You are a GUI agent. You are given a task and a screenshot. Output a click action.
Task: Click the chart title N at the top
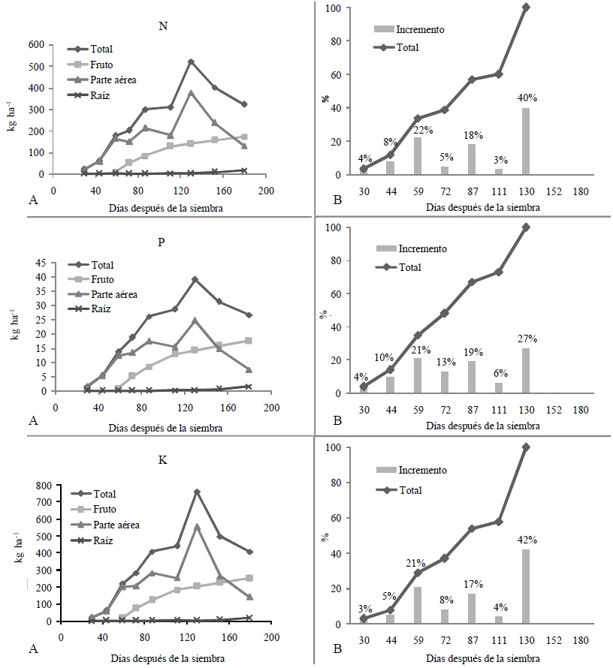click(162, 26)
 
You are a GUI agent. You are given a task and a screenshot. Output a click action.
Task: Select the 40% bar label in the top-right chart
click(525, 98)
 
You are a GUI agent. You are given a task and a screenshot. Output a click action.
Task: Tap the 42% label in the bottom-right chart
click(525, 540)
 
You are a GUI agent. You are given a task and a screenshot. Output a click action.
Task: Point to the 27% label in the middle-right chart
click(525, 339)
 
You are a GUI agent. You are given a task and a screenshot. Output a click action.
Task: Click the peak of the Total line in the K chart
click(197, 492)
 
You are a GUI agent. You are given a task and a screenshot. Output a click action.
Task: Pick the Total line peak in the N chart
click(191, 62)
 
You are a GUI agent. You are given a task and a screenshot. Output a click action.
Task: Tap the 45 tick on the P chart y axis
click(40, 262)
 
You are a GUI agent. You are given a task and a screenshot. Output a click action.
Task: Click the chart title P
click(163, 243)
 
